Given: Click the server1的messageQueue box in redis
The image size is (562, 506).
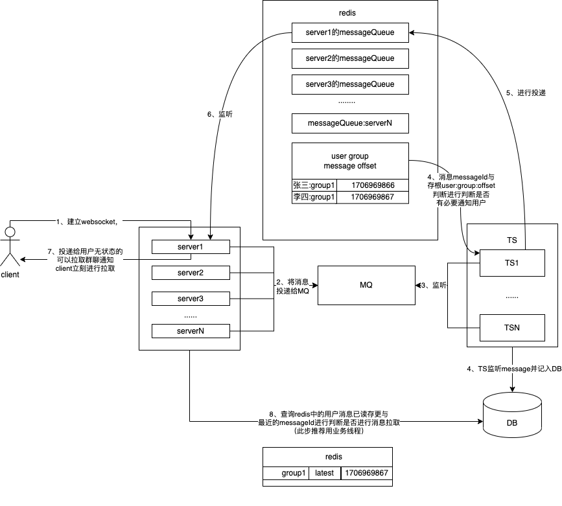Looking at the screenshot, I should (350, 32).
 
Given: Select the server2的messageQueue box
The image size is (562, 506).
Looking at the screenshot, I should (350, 58).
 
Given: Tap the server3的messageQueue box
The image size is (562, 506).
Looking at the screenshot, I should (350, 84).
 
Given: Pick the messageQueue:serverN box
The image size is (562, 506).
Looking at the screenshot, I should (350, 123).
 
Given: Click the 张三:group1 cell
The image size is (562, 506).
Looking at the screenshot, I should (314, 185).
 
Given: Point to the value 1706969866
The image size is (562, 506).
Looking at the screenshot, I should (373, 185).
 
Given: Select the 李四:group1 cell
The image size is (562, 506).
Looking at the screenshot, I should (314, 197).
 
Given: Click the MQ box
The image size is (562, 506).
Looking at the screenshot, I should (366, 285).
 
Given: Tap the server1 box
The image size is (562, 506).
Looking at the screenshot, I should (191, 247).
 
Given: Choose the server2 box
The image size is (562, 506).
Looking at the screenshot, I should (191, 273).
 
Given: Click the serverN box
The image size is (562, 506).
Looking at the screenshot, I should (191, 331).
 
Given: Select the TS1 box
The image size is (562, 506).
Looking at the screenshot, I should (512, 263).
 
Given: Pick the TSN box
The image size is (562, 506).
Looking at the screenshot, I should (512, 328).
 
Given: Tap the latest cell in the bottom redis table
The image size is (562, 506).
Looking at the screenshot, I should (324, 473).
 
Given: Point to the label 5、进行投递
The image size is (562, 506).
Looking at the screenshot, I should (526, 93).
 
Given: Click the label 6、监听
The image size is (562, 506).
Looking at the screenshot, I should (220, 114).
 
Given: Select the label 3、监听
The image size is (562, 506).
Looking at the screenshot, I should (434, 285).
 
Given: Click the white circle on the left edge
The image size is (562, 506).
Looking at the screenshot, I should (10, 231).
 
